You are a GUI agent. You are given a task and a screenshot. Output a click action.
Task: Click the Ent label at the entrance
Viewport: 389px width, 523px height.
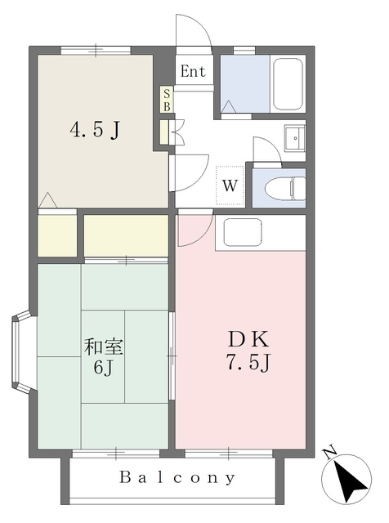point(193,71)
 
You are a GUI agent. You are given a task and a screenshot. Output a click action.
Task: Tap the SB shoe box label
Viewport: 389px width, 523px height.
point(167,100)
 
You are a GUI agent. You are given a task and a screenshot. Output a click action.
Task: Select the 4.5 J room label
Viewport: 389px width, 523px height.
point(95,130)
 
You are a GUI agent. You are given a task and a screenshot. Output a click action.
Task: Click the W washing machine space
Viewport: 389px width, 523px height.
point(230,186)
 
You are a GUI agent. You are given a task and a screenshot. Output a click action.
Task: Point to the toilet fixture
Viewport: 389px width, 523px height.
point(285,188)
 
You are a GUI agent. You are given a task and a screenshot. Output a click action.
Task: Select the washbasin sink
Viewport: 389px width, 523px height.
point(294,137)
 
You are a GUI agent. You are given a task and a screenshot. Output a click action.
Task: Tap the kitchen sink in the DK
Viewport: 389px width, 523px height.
point(243,232)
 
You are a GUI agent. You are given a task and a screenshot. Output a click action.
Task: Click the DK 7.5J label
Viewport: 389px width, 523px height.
point(248,351)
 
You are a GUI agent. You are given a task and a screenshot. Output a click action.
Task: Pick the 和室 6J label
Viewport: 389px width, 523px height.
point(104,356)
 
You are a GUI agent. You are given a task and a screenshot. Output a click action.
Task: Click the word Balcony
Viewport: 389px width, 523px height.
point(177,477)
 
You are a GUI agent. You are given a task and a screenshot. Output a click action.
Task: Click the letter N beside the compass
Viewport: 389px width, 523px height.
point(330,453)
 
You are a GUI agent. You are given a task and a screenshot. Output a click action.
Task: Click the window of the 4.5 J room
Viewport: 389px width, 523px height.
point(96,50)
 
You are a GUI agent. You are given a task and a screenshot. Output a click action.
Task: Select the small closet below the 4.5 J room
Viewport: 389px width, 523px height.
point(57,235)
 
